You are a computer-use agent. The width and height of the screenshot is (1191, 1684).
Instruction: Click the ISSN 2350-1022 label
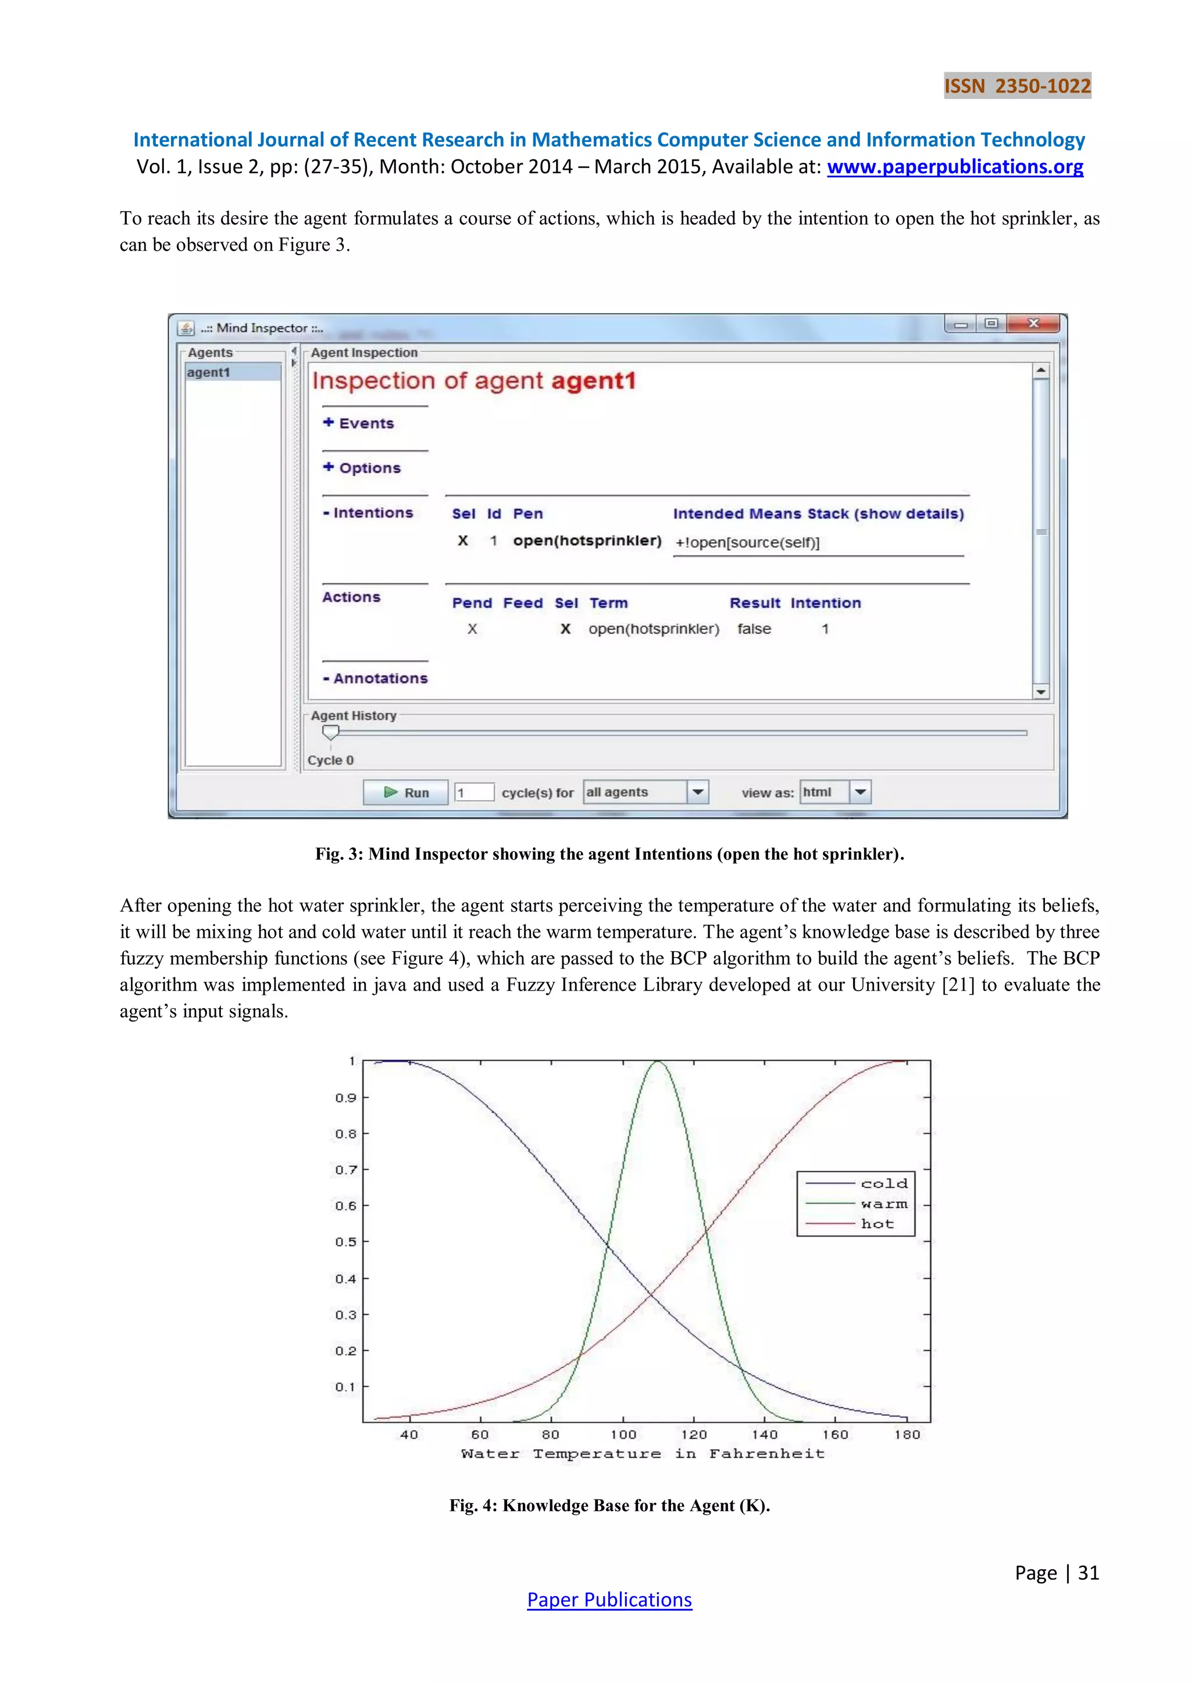point(1017,86)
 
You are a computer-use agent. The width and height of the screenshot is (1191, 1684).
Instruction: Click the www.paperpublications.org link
point(955,166)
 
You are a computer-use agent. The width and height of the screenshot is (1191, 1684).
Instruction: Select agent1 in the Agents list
point(209,373)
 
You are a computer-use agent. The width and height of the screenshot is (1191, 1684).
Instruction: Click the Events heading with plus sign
point(359,423)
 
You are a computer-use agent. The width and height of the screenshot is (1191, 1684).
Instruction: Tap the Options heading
point(362,468)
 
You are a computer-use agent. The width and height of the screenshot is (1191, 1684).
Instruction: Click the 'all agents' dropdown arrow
point(697,792)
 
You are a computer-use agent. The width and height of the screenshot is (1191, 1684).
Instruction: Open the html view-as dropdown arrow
point(860,792)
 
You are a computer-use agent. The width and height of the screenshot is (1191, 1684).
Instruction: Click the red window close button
point(1033,323)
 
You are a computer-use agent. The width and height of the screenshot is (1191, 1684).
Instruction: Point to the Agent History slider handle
point(331,732)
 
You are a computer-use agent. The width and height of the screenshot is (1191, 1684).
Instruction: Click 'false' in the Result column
point(754,629)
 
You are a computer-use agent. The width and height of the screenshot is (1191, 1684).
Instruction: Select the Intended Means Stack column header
point(818,514)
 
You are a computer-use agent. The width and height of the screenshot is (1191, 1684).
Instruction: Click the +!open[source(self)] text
point(747,543)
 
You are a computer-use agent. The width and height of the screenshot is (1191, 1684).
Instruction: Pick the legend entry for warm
point(884,1204)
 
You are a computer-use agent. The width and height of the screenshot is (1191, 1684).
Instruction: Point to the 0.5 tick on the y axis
point(345,1242)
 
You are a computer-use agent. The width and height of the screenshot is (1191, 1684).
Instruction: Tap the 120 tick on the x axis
point(694,1434)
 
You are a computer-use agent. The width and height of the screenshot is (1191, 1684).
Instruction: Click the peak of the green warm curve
point(658,1062)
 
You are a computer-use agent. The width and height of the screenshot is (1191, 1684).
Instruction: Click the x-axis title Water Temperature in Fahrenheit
point(643,1454)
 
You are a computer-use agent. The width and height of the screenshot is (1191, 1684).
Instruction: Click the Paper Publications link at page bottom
point(609,1600)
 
